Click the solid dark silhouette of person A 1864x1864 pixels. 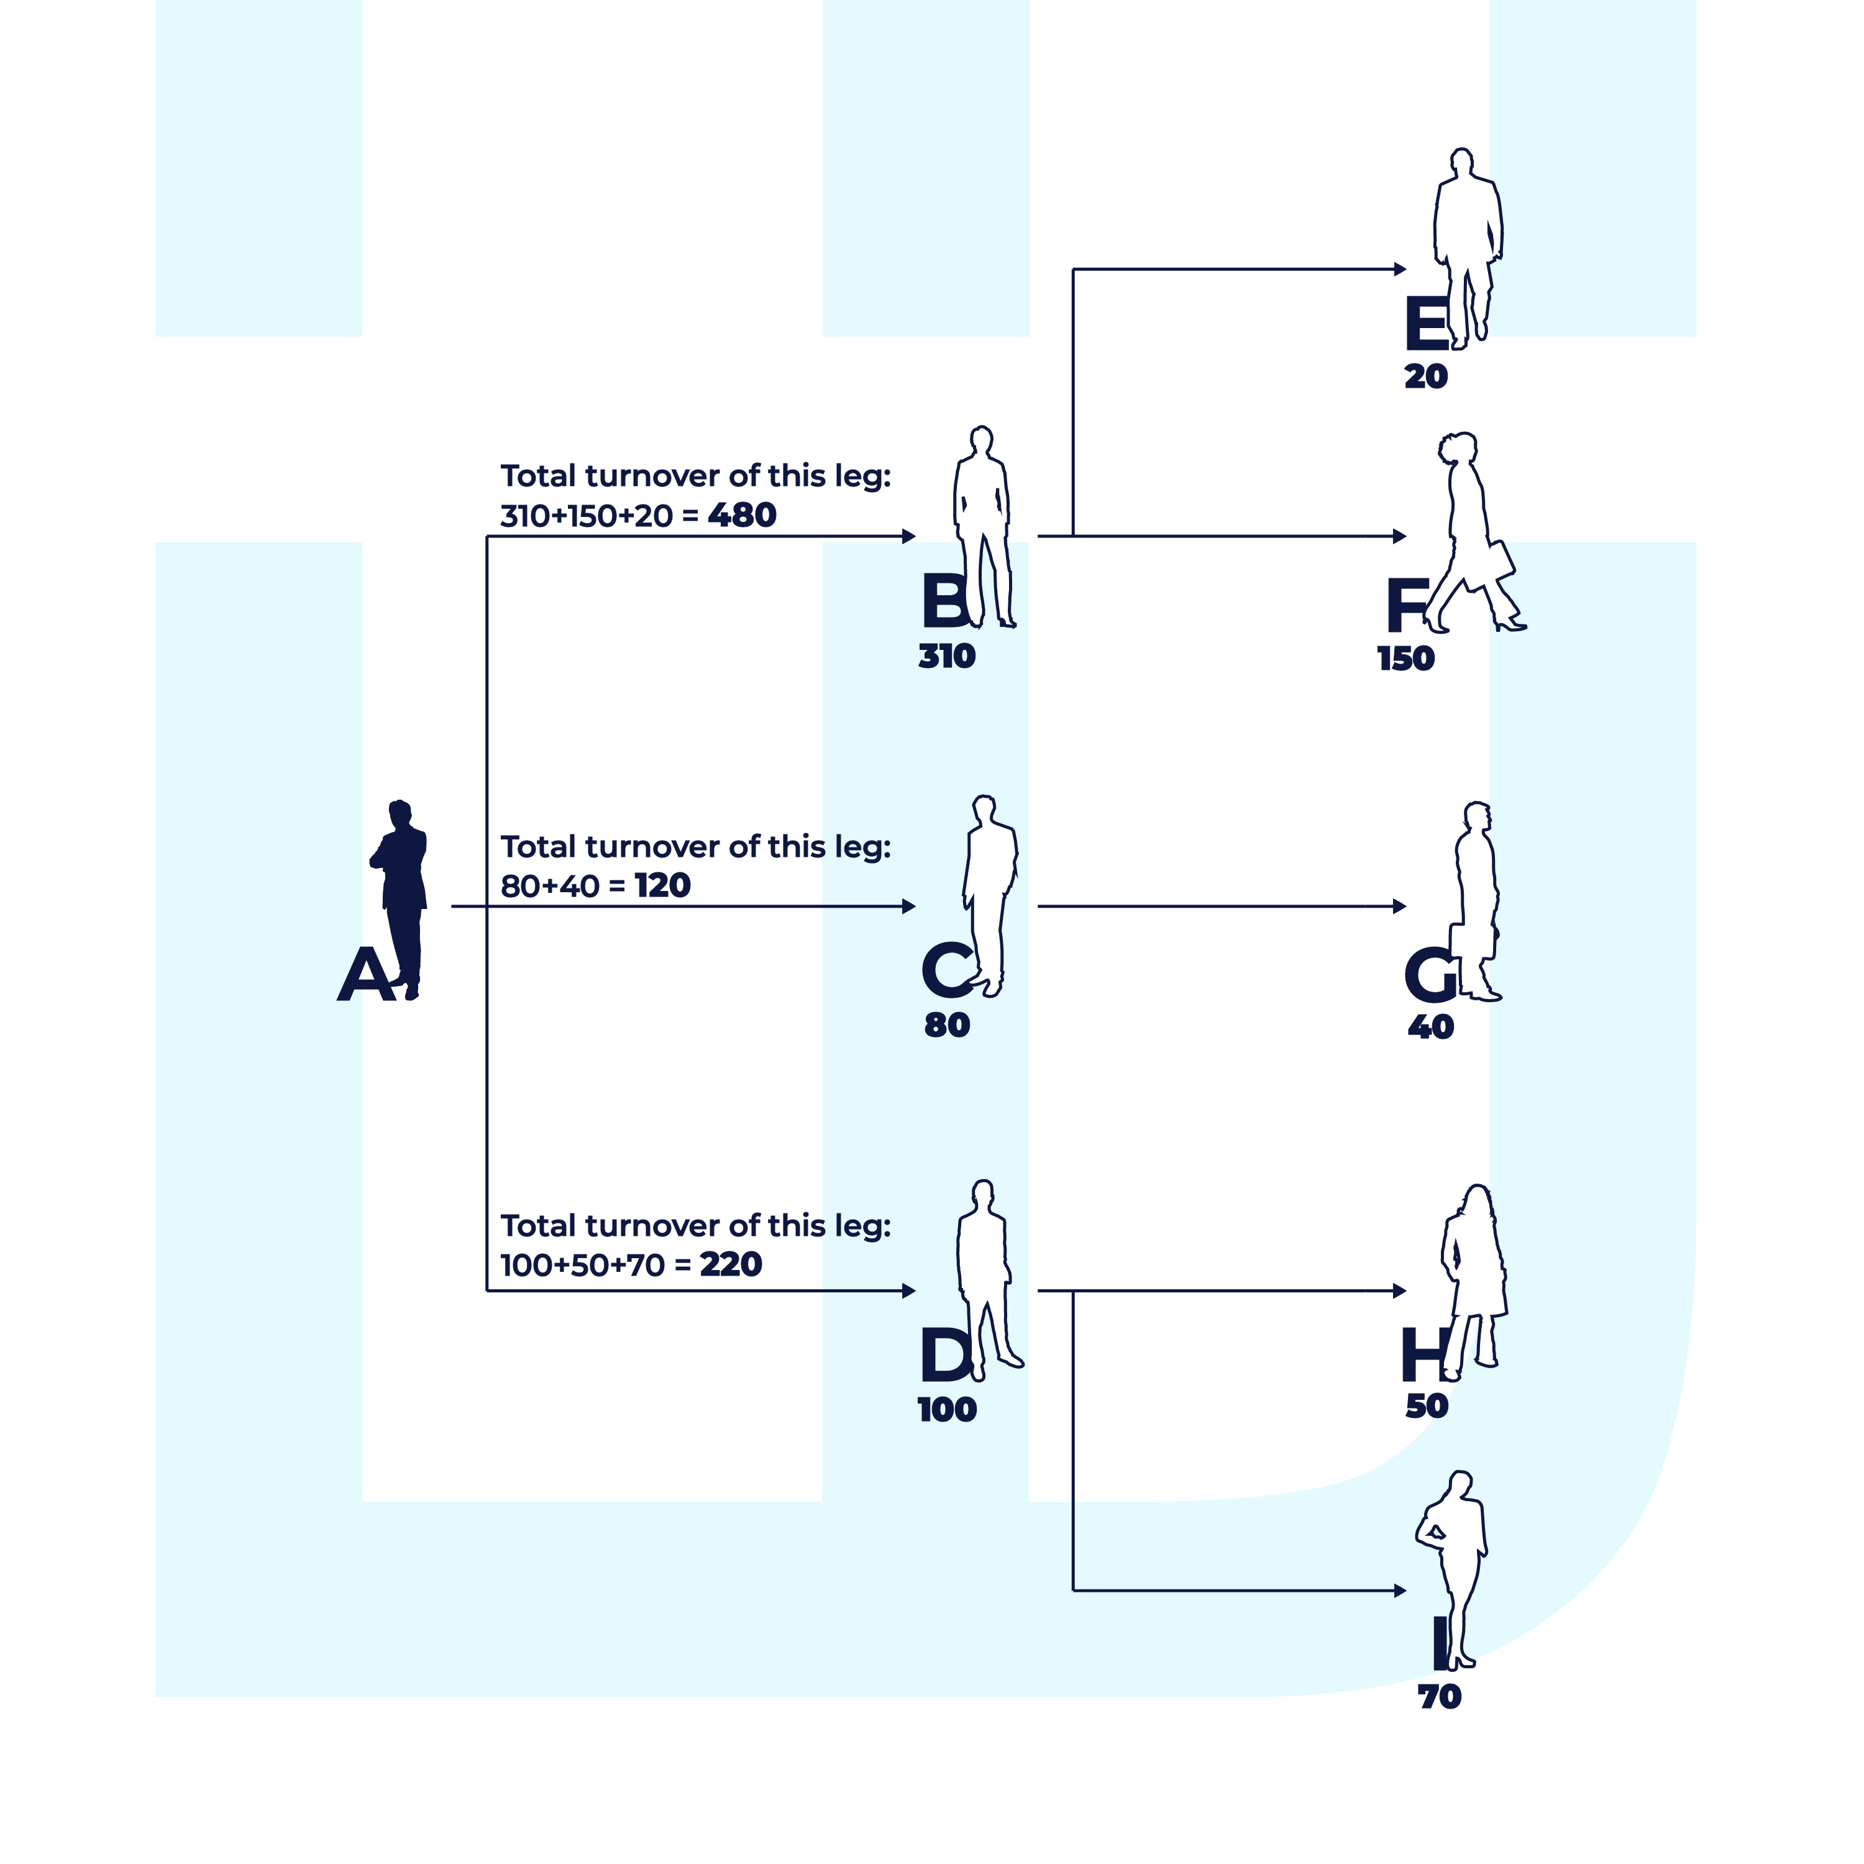(403, 897)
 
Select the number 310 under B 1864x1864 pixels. (946, 656)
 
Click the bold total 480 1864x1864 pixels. (742, 515)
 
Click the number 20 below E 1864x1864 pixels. (1425, 377)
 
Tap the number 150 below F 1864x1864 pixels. (1405, 659)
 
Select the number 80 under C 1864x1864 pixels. (946, 1025)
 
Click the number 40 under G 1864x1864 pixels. (1430, 1026)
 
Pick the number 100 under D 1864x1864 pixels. (946, 1410)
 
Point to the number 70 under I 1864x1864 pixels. (1438, 1696)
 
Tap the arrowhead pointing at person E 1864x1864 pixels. (1400, 269)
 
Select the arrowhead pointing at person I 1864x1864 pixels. (1400, 1590)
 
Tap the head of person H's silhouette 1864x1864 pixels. (1477, 1201)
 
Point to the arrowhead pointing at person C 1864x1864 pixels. (909, 906)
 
